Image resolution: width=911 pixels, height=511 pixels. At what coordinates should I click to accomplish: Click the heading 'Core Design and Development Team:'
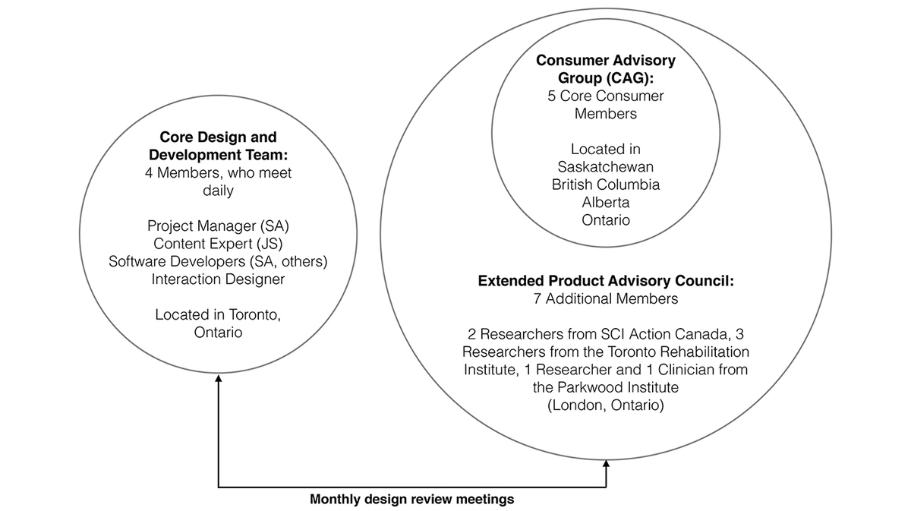click(x=218, y=147)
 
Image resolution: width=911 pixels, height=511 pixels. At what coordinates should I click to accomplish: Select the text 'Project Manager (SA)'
click(x=218, y=226)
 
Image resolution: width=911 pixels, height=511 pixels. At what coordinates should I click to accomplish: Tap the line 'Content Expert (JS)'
click(x=218, y=244)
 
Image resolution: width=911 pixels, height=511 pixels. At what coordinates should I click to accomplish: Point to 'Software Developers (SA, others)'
click(x=218, y=261)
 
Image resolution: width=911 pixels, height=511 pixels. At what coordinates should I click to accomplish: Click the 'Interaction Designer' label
click(x=218, y=279)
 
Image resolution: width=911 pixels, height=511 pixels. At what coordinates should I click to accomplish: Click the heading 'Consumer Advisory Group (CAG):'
click(x=605, y=69)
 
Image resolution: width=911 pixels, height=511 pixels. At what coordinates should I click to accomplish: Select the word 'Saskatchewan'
click(x=605, y=166)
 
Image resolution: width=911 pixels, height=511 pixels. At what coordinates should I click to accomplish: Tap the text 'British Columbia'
click(x=605, y=185)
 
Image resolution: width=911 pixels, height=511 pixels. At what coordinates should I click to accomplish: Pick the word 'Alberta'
click(x=605, y=203)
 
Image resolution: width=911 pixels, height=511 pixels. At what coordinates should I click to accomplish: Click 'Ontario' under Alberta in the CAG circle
click(x=605, y=220)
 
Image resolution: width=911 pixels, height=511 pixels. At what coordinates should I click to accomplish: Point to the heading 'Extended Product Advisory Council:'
click(x=605, y=281)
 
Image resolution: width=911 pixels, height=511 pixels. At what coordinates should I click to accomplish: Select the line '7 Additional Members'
click(x=605, y=299)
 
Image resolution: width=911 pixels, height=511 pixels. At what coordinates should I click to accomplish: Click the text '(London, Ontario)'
click(x=605, y=406)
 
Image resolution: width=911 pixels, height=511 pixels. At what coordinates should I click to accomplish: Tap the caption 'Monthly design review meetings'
click(x=411, y=500)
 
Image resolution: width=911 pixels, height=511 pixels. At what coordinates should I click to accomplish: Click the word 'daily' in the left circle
click(x=218, y=191)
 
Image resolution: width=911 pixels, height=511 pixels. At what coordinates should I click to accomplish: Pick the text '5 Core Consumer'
click(x=605, y=96)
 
